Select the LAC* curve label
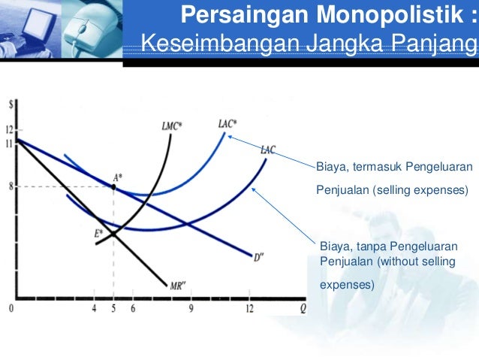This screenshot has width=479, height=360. (228, 123)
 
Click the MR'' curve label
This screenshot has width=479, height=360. (179, 286)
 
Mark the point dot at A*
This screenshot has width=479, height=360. (114, 187)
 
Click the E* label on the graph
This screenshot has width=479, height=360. (99, 233)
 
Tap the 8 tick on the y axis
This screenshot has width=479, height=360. (11, 186)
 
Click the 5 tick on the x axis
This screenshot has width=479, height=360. (114, 308)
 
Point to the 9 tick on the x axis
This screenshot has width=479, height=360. (191, 308)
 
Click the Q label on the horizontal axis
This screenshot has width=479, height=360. (303, 307)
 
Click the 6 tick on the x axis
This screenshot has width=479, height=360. (133, 308)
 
